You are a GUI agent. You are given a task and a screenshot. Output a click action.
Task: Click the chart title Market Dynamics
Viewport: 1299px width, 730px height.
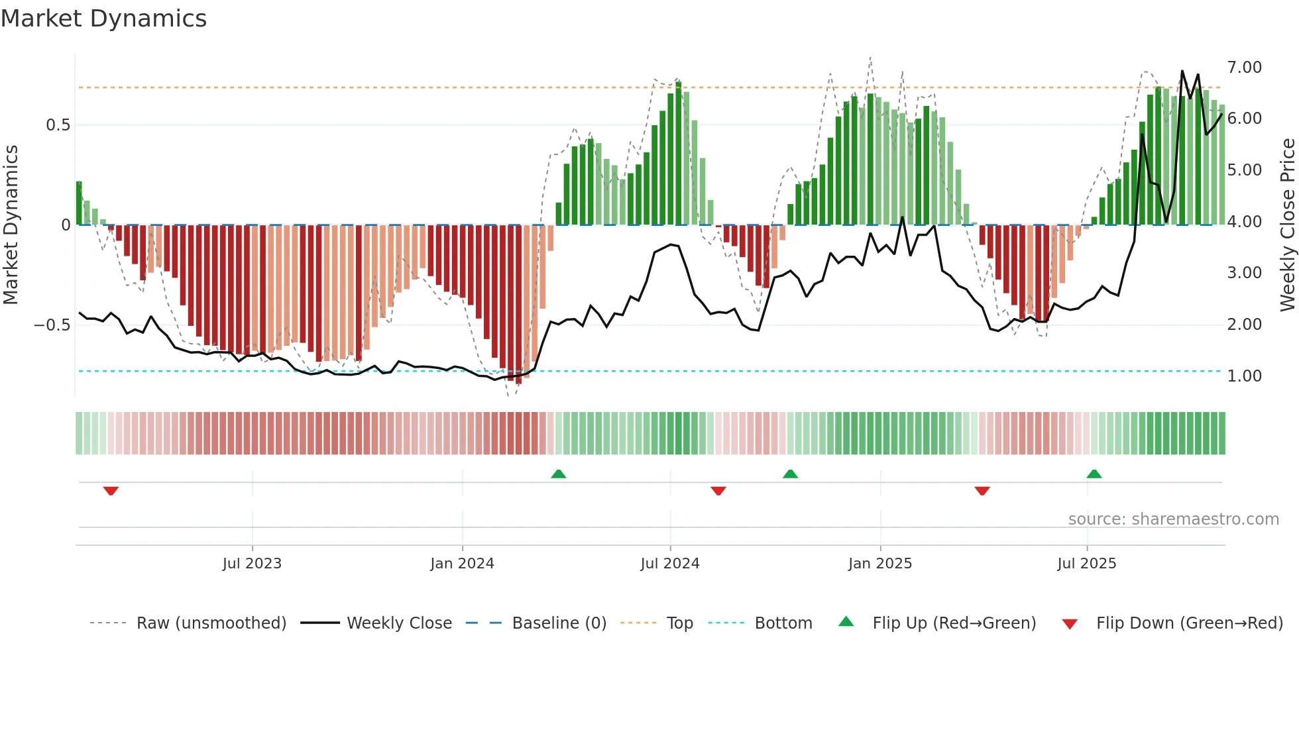(104, 19)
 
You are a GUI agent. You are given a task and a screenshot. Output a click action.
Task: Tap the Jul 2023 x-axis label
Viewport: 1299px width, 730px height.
(252, 564)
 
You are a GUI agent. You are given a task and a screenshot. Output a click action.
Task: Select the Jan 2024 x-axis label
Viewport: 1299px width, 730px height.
(462, 564)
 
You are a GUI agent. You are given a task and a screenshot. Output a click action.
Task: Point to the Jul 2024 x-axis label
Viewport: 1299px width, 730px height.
(670, 564)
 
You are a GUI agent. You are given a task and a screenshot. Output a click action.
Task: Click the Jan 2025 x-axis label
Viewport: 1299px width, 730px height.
(880, 564)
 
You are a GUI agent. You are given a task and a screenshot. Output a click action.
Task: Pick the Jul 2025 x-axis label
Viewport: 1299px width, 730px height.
(1087, 564)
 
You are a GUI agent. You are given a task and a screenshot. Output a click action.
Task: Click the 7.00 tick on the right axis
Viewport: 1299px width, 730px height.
(1244, 68)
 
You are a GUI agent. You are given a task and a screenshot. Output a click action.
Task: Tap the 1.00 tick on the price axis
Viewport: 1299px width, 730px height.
(1244, 376)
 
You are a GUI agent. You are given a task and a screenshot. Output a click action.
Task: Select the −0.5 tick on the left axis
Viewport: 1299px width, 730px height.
(52, 325)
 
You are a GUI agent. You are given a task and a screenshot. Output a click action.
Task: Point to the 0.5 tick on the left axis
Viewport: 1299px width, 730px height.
(58, 125)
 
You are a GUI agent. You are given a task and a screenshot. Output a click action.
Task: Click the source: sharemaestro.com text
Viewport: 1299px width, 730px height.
(1173, 519)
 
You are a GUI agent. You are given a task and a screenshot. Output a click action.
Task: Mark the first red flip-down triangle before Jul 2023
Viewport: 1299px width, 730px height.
(111, 491)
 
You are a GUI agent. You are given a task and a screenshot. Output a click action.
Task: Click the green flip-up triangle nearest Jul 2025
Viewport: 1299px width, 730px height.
(1094, 474)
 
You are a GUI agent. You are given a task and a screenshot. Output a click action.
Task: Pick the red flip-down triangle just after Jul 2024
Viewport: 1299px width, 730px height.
(718, 491)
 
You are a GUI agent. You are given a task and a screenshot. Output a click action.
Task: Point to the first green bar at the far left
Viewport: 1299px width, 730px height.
(79, 203)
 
